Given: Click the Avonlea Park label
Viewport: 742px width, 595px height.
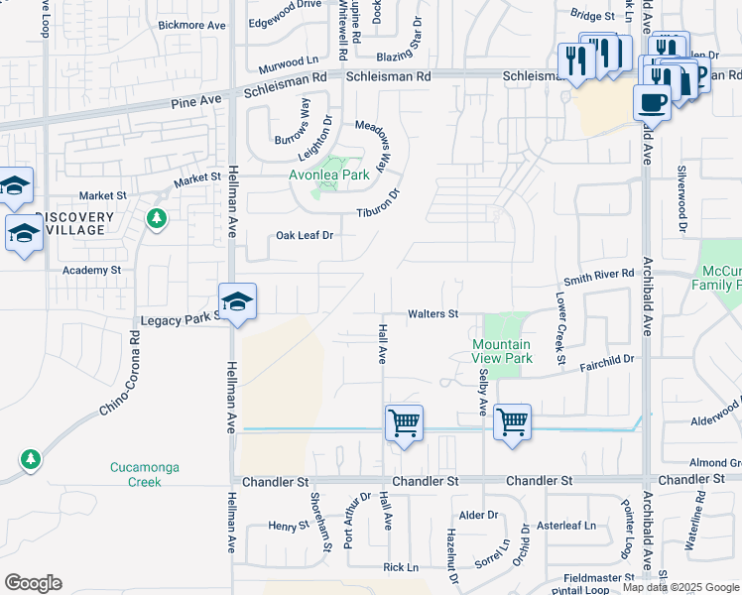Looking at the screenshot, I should point(328,176).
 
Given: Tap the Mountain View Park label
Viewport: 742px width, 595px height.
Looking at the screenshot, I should point(502,351).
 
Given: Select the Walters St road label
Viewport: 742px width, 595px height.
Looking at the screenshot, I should point(433,314).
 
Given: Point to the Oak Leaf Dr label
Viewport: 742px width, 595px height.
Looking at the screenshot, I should point(304,236).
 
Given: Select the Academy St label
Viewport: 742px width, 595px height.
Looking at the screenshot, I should point(90,270).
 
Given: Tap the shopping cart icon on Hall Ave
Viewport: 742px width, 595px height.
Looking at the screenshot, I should point(404,423).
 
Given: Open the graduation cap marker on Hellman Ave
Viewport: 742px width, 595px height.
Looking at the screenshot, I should point(237,301).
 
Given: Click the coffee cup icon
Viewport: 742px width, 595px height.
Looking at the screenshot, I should point(652,101).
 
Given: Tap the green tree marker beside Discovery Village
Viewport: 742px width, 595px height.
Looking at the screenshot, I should point(156,217).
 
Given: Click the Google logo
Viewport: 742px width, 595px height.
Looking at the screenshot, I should point(33,583).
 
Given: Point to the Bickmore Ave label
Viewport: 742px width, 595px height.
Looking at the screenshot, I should point(191,25).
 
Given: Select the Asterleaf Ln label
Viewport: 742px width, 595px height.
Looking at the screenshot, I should point(566,526).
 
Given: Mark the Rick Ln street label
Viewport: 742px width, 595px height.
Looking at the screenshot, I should point(401,567).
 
